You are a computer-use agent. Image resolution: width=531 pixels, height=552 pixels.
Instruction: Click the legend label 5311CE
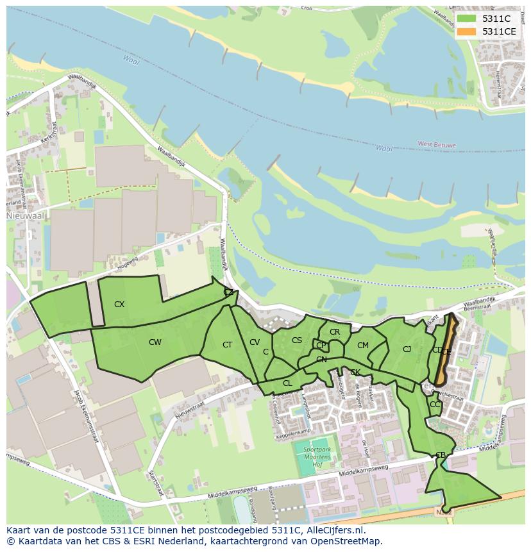[499, 31]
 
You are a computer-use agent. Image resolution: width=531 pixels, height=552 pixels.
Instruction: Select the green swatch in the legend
[467, 19]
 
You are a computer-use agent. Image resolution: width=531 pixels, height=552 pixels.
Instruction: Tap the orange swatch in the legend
[467, 31]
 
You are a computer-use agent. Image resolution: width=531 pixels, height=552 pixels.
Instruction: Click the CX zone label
[119, 305]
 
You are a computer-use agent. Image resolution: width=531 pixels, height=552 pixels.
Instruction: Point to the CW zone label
[155, 342]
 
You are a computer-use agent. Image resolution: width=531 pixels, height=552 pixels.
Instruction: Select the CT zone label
[228, 345]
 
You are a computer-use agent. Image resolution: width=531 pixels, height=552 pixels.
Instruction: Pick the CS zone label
[297, 340]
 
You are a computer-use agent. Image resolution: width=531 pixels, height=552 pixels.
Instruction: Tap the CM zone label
[363, 346]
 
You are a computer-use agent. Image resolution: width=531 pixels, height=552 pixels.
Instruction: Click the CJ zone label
[407, 349]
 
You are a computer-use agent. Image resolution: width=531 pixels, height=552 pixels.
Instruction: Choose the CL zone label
[287, 383]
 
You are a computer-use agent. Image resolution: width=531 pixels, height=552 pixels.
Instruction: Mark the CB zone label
[441, 455]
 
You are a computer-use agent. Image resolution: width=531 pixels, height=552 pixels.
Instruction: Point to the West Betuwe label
[436, 145]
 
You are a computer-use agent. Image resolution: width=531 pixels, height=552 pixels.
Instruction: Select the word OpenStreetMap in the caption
[347, 541]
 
